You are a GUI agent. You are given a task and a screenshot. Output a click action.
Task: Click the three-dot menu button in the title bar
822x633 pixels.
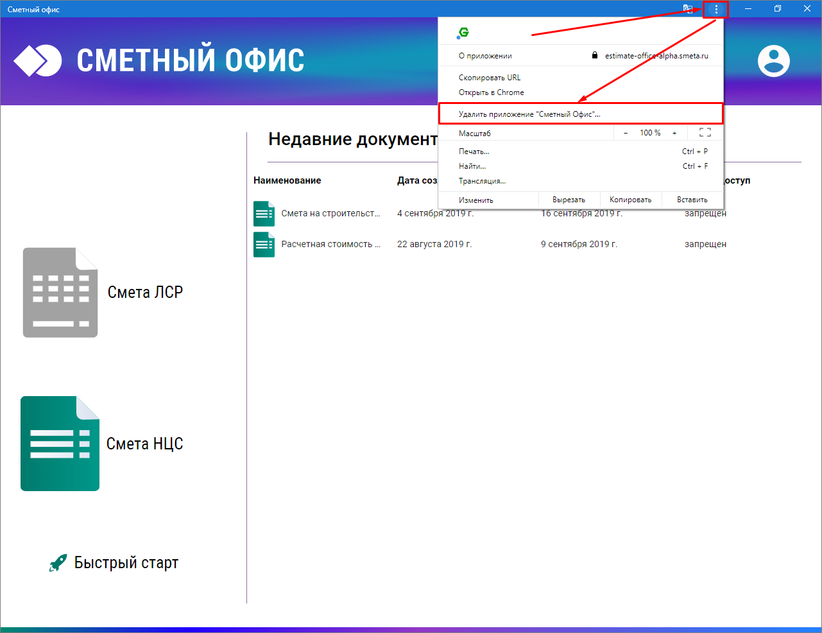[716, 9]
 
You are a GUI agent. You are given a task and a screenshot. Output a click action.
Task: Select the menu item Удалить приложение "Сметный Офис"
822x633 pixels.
[529, 114]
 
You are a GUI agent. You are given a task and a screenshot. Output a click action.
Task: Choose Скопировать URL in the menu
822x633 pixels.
[490, 78]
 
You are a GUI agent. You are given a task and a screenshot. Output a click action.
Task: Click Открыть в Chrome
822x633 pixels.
[491, 92]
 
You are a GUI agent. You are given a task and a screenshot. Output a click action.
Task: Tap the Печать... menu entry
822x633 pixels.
[474, 152]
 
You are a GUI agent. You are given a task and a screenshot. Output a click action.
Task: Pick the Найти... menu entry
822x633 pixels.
[472, 166]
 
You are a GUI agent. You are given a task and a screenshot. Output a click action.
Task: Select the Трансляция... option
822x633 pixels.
[482, 181]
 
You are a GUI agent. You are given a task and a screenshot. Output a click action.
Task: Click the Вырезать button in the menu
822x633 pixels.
[569, 200]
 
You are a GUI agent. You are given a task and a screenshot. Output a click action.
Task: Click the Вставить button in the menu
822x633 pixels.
[692, 200]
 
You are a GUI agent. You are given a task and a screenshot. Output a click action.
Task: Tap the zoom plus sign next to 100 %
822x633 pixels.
[674, 133]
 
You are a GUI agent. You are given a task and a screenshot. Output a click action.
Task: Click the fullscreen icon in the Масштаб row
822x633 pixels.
[705, 132]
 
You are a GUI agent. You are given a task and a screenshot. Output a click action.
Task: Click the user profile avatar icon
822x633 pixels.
[774, 60]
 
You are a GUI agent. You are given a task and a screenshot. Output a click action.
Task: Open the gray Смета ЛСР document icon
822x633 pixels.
[60, 293]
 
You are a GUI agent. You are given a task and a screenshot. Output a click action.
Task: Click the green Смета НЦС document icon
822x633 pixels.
[60, 444]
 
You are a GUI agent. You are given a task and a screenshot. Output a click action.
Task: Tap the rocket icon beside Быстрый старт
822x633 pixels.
[58, 562]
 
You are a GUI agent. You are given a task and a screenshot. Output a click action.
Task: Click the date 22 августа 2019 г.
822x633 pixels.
[434, 244]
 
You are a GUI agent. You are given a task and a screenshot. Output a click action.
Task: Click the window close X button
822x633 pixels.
[807, 9]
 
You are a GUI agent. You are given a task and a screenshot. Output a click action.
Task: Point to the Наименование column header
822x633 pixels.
[287, 180]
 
